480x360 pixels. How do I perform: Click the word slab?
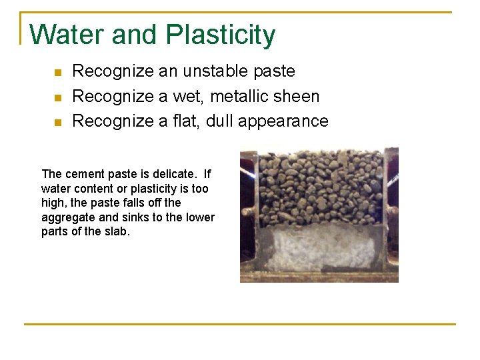(x=119, y=232)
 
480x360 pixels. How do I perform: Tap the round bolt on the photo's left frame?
(x=246, y=211)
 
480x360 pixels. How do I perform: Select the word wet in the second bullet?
(x=189, y=97)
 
